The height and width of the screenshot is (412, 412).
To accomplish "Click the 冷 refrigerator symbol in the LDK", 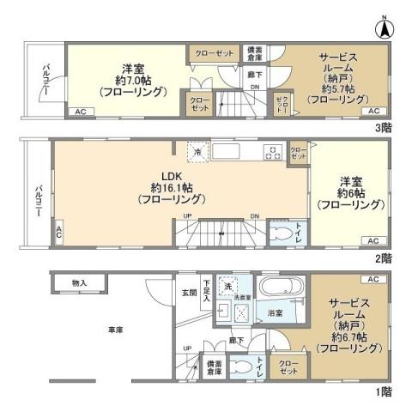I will pyautogui.click(x=196, y=152).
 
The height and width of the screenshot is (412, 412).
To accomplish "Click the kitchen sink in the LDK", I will pyautogui.click(x=228, y=153).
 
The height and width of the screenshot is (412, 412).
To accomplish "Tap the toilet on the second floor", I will pyautogui.click(x=281, y=233).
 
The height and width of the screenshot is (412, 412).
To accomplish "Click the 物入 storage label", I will pyautogui.click(x=79, y=282).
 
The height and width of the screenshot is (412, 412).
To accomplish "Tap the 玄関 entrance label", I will pyautogui.click(x=189, y=293).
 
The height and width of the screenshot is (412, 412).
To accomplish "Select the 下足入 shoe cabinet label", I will pyautogui.click(x=207, y=294).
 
